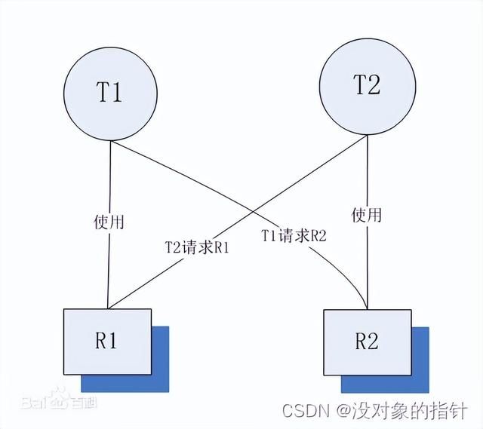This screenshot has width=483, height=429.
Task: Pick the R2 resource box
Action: (366, 342)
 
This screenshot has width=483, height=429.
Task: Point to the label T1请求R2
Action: (294, 235)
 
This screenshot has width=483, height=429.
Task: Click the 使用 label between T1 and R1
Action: (109, 222)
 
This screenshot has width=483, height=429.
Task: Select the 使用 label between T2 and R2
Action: (366, 215)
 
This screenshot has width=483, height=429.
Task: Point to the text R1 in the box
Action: (106, 341)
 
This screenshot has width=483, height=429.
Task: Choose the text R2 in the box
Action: (365, 342)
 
